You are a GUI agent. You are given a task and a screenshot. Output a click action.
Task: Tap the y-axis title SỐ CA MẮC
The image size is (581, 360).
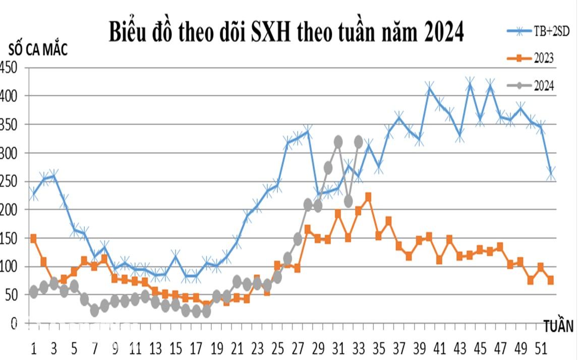pos(38,50)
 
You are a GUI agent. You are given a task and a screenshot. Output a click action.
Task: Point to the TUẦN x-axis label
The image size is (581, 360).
pos(558,326)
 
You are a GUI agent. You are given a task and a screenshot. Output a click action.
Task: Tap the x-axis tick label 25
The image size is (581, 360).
pos(277,349)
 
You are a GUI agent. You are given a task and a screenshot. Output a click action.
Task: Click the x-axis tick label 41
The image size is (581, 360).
pos(439,349)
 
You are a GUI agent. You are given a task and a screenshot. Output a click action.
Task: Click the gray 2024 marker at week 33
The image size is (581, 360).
pos(359,143)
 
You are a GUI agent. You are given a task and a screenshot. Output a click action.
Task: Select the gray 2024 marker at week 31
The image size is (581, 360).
pos(338,142)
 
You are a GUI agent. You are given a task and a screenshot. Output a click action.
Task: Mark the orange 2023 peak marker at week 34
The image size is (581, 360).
pos(368,197)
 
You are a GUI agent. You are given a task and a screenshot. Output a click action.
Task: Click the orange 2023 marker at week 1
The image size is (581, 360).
pos(33,238)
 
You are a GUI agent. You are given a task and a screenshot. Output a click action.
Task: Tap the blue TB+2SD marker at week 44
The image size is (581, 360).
pos(470,84)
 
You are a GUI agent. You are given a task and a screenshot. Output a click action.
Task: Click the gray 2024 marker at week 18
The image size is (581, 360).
pos(206,312)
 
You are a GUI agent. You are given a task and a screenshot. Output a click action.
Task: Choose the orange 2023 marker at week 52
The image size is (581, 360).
pos(551,280)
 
